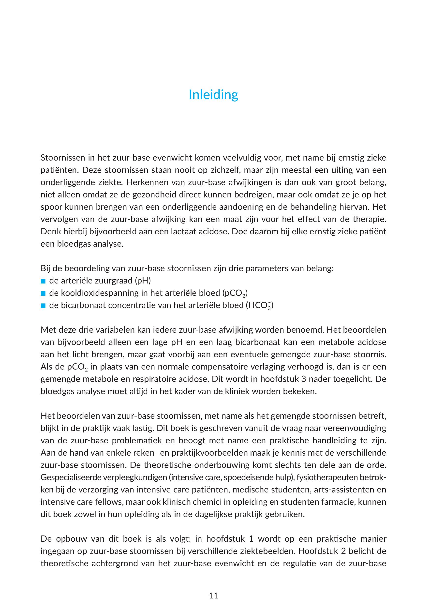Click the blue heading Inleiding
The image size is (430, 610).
[x=213, y=95]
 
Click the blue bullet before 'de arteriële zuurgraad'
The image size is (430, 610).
[x=43, y=281]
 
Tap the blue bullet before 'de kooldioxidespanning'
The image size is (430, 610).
[x=43, y=293]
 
